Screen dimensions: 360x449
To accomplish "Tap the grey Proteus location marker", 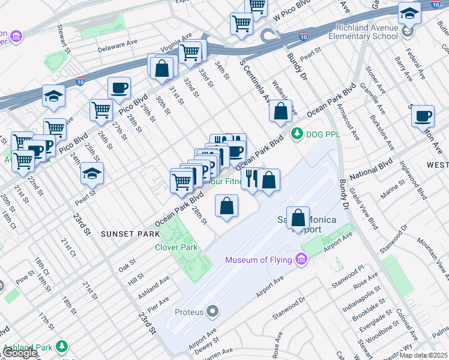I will [212, 311].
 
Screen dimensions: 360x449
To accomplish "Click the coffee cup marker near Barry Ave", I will [423, 115].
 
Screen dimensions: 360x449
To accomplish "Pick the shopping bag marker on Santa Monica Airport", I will [298, 218].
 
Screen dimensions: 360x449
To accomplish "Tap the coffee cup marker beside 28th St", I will [119, 88].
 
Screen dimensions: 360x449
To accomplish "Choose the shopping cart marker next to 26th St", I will [101, 110].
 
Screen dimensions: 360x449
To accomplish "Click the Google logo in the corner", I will [19, 353].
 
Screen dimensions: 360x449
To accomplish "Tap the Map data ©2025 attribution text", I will [424, 355].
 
